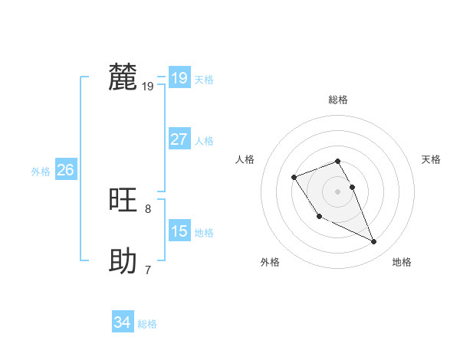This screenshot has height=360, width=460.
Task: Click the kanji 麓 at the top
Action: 123,77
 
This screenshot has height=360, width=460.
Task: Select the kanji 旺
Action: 123,201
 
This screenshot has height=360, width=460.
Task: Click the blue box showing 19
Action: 179,78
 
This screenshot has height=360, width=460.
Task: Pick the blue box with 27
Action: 179,139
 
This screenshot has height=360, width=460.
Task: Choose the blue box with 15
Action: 179,231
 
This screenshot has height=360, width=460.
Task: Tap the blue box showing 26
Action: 65,170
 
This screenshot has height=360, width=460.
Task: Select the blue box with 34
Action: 122,323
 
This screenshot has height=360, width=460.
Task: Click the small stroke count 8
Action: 148,208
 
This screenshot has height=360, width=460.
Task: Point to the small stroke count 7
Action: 148,270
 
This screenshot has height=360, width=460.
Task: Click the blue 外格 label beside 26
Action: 41,172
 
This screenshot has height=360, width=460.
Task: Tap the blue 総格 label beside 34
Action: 147,324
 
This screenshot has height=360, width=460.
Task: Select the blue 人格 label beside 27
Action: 204,141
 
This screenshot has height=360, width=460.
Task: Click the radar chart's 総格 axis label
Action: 338,100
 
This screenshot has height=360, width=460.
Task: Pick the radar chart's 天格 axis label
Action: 431,159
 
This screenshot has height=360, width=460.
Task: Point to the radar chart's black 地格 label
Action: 402,262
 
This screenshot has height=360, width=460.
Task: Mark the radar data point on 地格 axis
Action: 374,242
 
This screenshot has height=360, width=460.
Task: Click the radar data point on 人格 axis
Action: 294,178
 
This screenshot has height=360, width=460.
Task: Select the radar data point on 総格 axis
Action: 338,161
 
